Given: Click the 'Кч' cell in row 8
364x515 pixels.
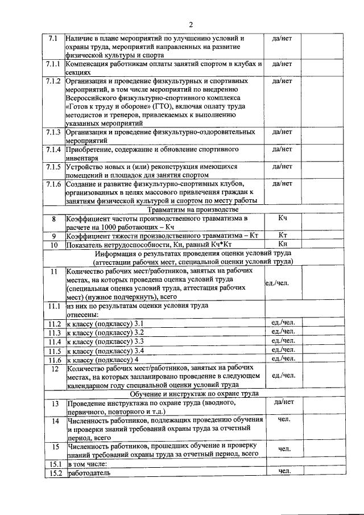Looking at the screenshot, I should pyautogui.click(x=283, y=218).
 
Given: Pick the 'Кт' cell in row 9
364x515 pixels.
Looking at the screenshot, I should pyautogui.click(x=283, y=235).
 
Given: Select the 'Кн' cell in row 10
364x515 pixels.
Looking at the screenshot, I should pyautogui.click(x=283, y=245).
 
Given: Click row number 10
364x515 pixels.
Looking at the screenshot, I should pyautogui.click(x=54, y=245).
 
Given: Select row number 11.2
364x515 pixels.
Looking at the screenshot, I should pyautogui.click(x=55, y=323).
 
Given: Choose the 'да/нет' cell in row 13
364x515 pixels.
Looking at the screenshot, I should pyautogui.click(x=283, y=402).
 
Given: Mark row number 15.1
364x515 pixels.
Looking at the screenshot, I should pyautogui.click(x=55, y=463).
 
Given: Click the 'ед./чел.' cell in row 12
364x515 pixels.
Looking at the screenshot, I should pyautogui.click(x=283, y=376).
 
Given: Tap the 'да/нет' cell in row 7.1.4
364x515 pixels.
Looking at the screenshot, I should pyautogui.click(x=283, y=150).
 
